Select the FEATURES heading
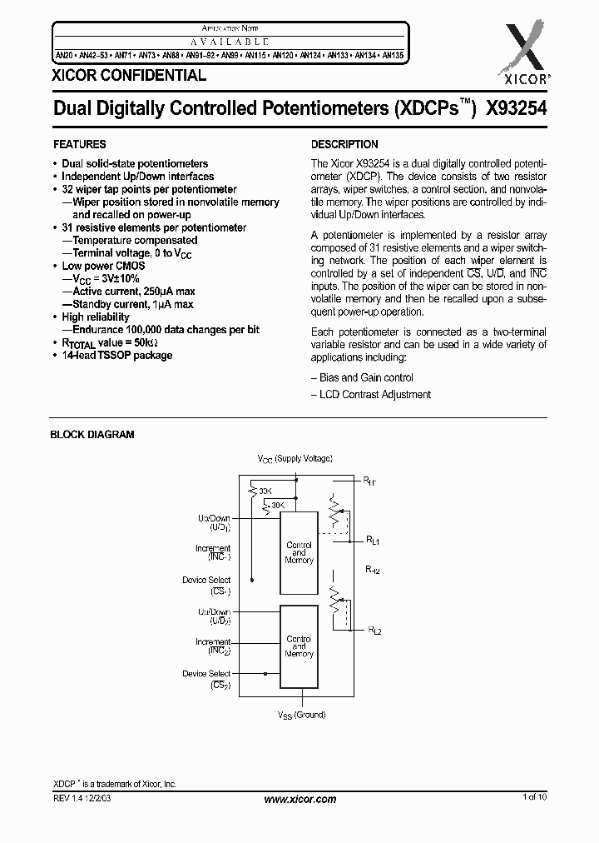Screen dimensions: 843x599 (x=79, y=144)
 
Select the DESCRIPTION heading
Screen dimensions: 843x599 (x=344, y=144)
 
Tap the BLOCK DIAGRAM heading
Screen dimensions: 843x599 (x=92, y=434)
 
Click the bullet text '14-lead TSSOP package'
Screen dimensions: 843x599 (x=116, y=355)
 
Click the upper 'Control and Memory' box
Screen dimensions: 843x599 (x=299, y=552)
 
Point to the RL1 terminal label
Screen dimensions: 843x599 (x=373, y=541)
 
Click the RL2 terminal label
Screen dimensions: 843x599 (x=374, y=631)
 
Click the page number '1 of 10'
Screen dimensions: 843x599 (x=534, y=798)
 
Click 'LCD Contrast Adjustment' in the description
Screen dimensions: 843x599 (x=375, y=394)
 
